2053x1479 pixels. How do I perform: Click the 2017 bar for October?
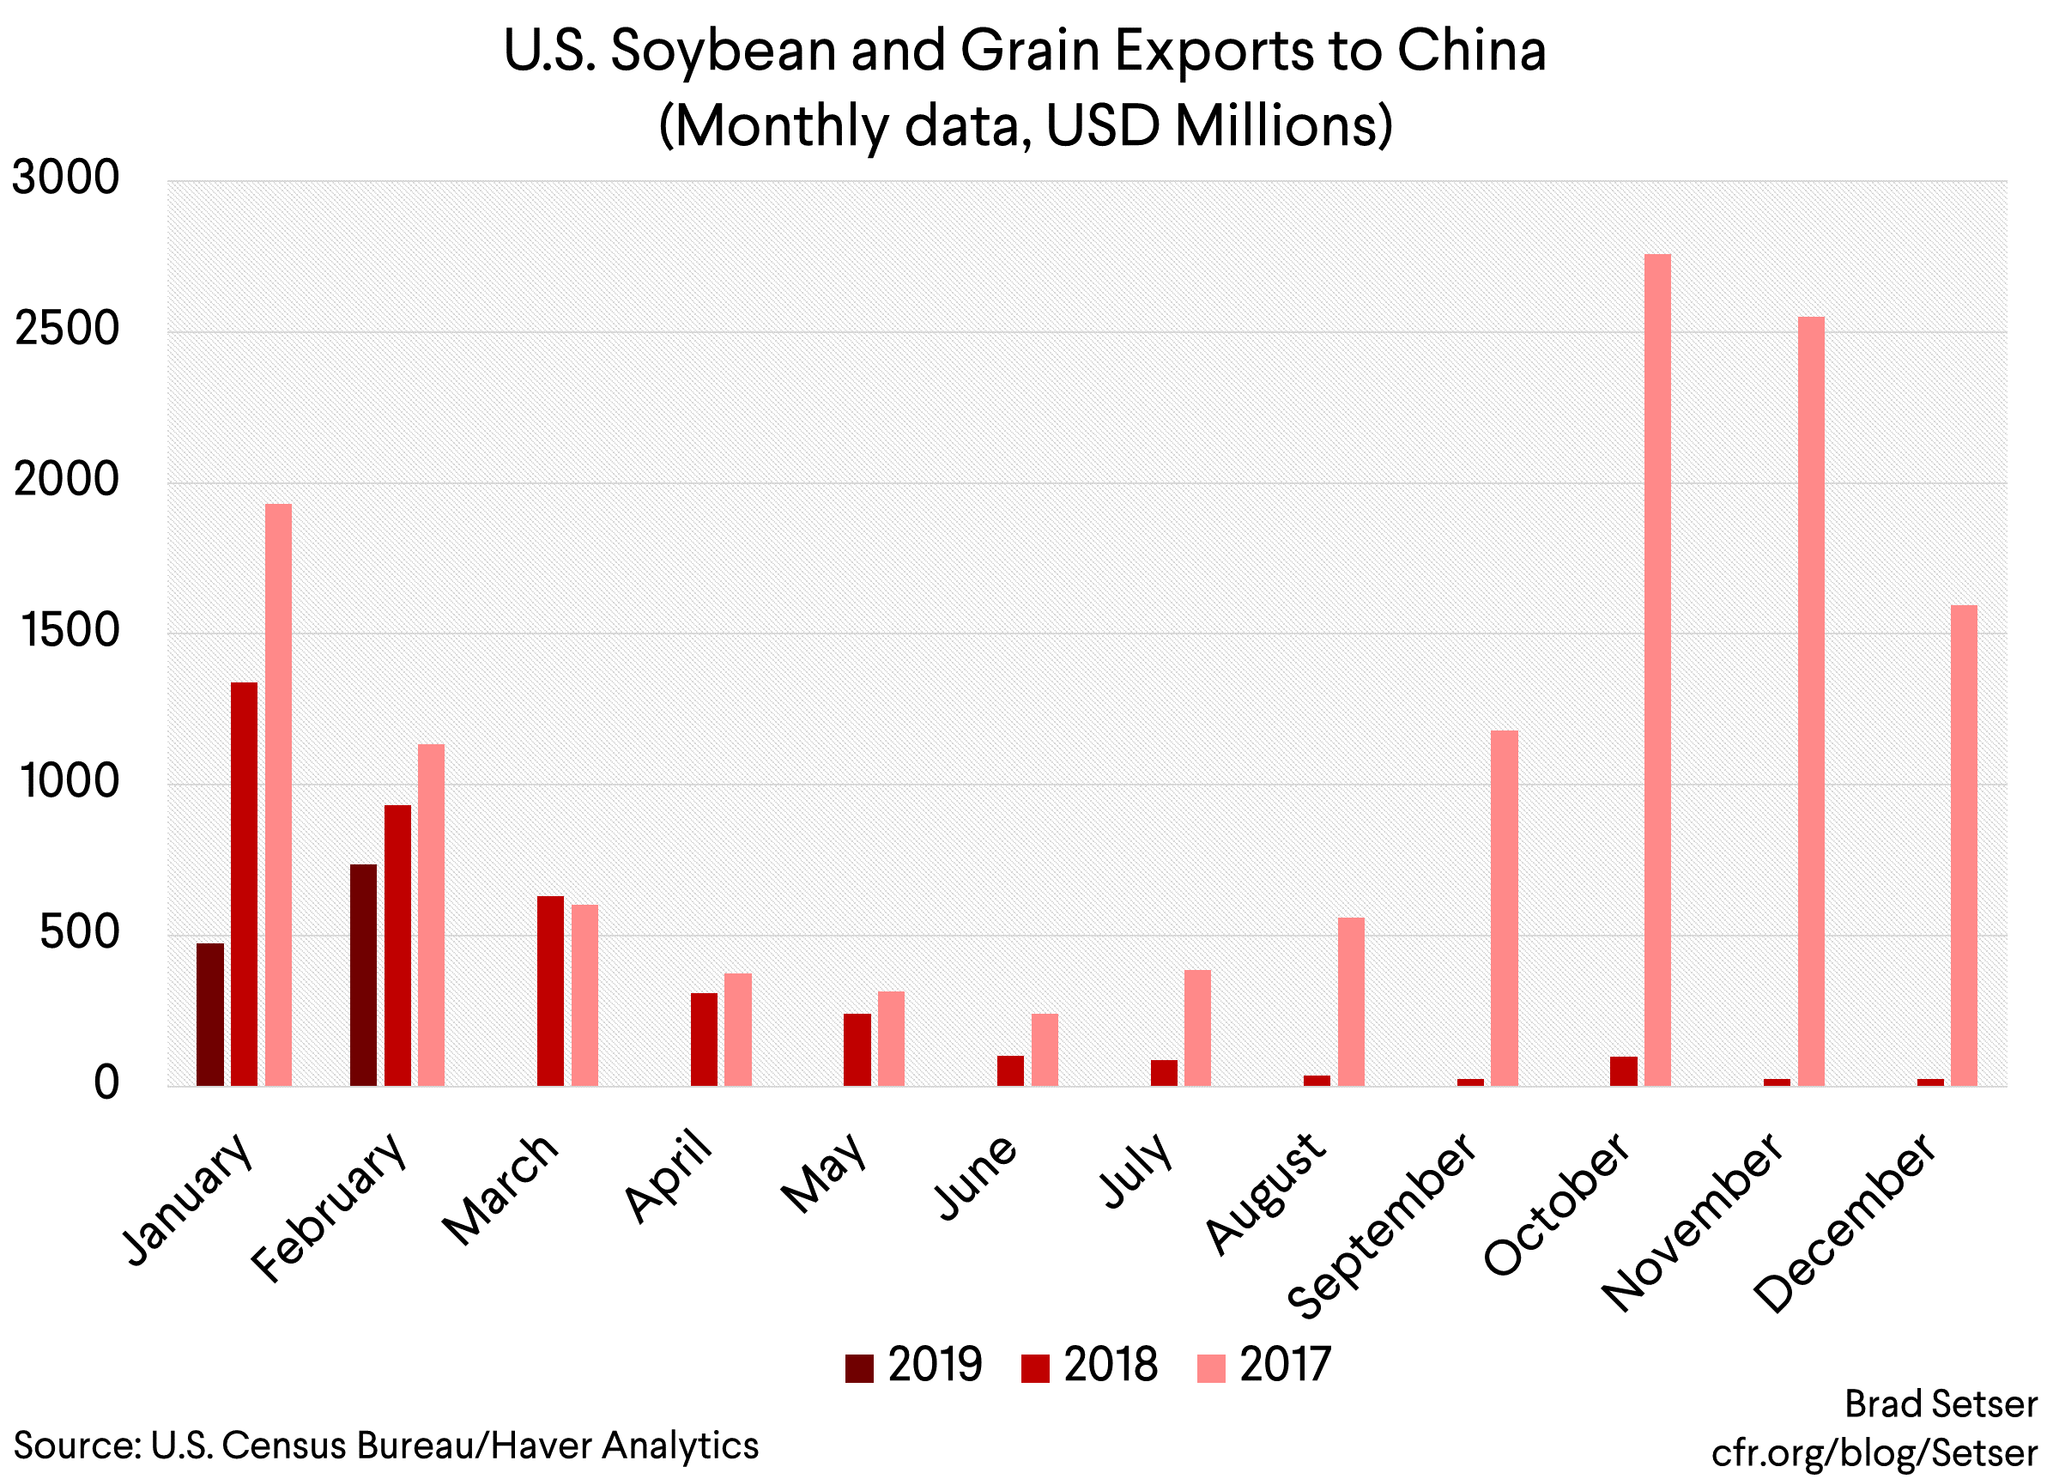click(1657, 670)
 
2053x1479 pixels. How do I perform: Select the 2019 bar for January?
click(210, 1014)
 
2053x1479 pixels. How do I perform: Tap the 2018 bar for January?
click(245, 883)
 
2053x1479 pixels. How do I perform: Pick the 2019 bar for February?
click(363, 975)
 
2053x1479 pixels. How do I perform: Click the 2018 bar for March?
click(550, 991)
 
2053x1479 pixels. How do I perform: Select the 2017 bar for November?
click(1810, 701)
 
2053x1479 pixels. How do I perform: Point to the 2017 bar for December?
click(1964, 845)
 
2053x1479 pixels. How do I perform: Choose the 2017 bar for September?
click(1505, 908)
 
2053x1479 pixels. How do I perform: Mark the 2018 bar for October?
click(1623, 1070)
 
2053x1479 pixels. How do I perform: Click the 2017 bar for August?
click(1351, 1001)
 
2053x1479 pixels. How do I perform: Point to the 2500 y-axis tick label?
click(67, 329)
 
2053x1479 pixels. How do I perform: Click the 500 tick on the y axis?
click(80, 932)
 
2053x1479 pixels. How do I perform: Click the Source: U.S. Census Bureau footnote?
click(385, 1446)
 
